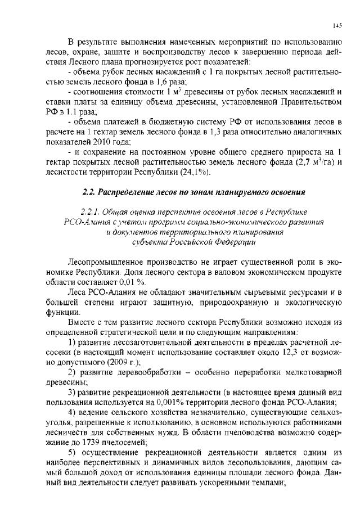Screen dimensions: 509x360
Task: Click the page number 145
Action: (x=337, y=25)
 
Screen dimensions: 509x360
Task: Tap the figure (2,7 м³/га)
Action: (x=314, y=163)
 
